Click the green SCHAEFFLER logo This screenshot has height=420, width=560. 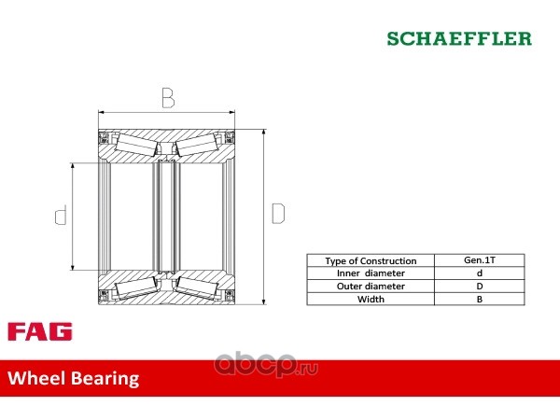459,38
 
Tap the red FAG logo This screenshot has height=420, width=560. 40,331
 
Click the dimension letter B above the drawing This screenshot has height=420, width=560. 168,97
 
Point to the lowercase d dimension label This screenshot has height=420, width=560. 61,215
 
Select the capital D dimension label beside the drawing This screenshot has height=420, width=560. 278,213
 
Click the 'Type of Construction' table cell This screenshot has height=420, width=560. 371,260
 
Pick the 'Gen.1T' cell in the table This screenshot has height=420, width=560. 480,260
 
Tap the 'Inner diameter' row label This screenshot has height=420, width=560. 371,273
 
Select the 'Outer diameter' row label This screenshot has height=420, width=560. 371,287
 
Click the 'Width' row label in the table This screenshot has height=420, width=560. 371,299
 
